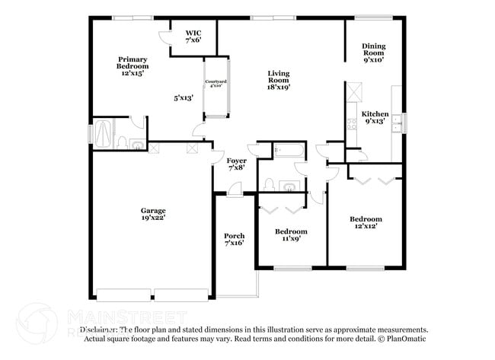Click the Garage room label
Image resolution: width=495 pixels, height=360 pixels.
(x=152, y=214)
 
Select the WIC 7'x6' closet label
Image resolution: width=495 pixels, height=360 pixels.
(x=193, y=36)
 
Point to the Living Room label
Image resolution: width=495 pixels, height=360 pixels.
(x=279, y=80)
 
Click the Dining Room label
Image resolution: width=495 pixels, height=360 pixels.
(x=373, y=53)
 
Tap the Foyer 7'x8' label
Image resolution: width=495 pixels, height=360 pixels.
(x=237, y=164)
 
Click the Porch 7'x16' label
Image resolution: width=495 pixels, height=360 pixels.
(x=234, y=240)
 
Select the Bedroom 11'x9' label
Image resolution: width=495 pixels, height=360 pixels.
(x=291, y=235)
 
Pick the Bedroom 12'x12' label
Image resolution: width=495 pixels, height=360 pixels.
(x=366, y=222)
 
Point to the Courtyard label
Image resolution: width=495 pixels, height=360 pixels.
(x=216, y=83)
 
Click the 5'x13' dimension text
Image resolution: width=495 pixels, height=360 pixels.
(x=184, y=97)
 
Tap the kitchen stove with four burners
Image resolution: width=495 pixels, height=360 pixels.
(x=352, y=125)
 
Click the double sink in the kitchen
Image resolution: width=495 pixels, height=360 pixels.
(x=397, y=122)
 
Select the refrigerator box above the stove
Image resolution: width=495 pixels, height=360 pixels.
(x=354, y=93)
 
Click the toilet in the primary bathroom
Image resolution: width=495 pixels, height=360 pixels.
(x=136, y=143)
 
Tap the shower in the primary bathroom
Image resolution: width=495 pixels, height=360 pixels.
(x=104, y=132)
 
